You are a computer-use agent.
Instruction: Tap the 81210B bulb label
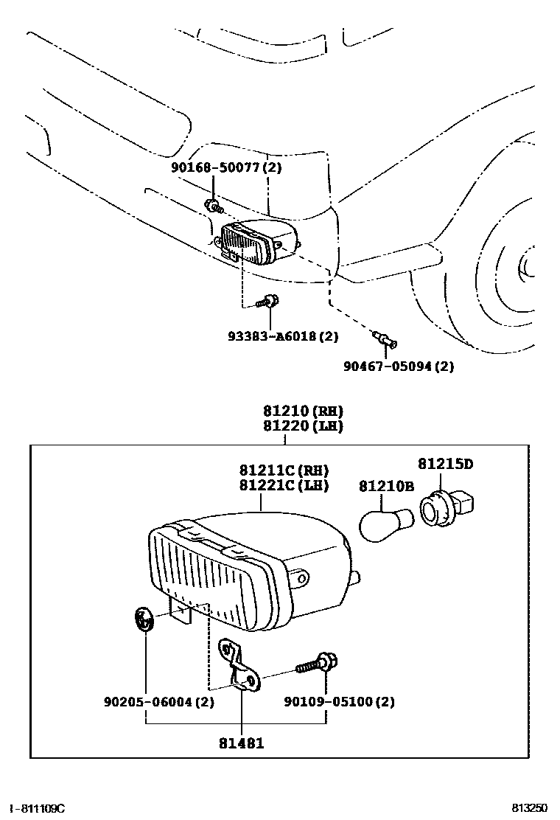click(387, 487)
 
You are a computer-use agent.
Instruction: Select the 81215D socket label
click(445, 464)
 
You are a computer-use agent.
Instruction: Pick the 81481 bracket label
click(242, 743)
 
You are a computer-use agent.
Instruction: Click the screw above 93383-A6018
click(268, 302)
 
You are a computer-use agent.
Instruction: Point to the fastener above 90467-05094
click(385, 339)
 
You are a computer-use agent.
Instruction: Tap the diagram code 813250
click(528, 808)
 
